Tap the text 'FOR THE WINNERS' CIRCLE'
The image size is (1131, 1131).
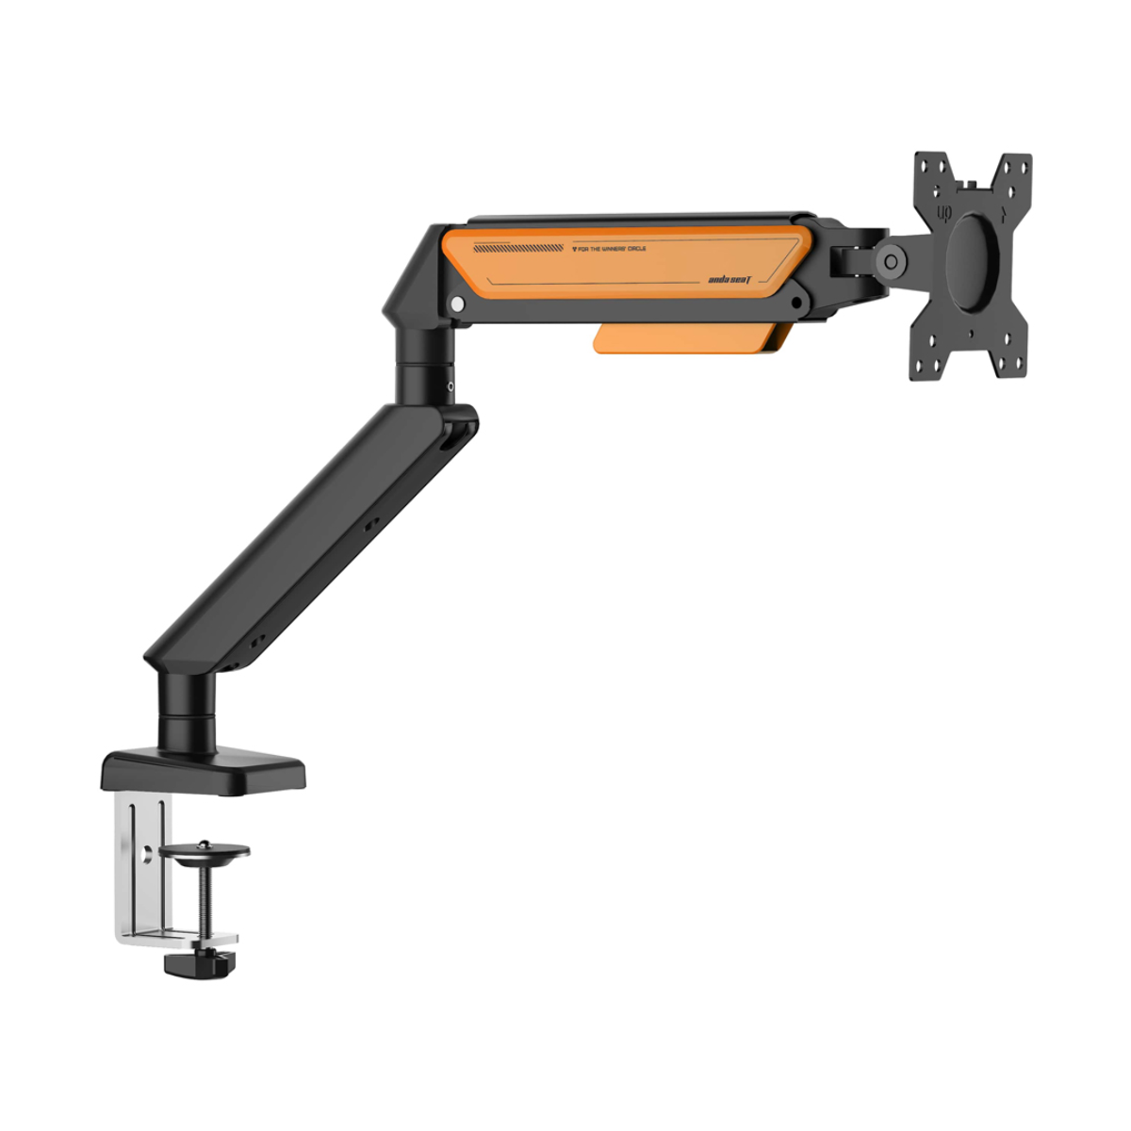[609, 249]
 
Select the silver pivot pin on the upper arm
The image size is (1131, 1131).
[458, 304]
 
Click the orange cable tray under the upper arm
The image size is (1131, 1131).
[687, 339]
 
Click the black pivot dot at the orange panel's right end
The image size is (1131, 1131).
[797, 304]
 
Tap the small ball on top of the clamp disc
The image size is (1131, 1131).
[205, 842]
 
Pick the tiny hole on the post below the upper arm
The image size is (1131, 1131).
[451, 385]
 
